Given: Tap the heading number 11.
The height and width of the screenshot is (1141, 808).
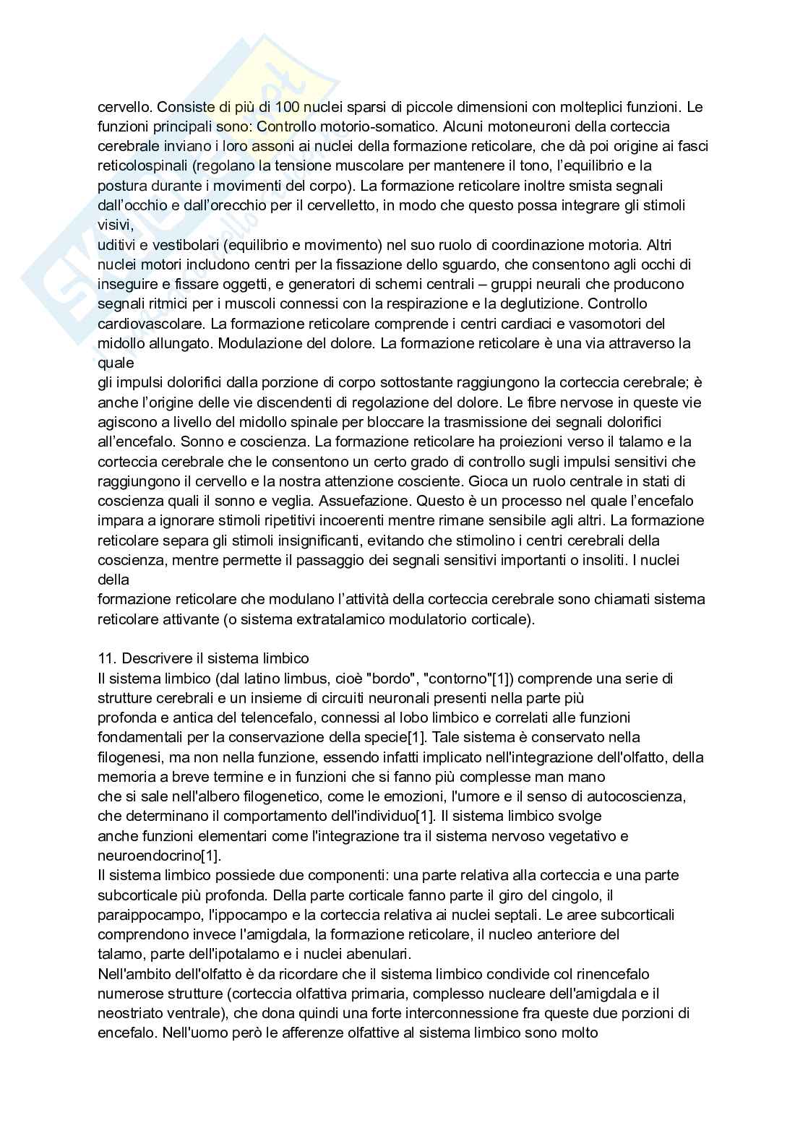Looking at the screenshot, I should tap(106, 658).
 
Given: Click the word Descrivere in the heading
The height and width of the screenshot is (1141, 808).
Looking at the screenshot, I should tap(152, 658).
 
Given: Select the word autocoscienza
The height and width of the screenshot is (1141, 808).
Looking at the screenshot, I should tap(639, 796).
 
